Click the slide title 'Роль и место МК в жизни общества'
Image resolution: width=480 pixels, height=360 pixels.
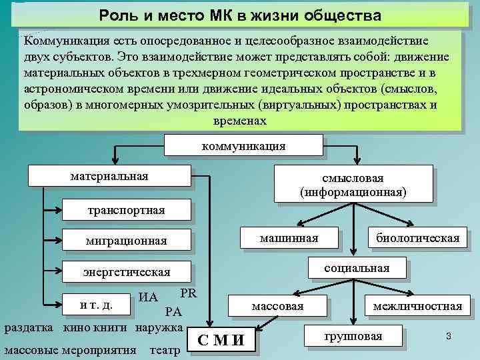point(240,15)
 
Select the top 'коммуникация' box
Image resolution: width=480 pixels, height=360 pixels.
point(243,146)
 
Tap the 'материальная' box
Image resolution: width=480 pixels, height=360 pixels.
point(109,176)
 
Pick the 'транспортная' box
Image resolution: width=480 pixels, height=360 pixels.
point(126,211)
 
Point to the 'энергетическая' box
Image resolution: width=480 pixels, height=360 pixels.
point(126,272)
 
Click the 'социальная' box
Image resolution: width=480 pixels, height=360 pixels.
point(356,268)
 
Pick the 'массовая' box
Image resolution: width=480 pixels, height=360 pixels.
point(277,306)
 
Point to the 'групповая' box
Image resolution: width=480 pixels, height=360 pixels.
point(353,336)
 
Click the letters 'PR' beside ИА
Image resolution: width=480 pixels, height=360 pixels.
point(187,294)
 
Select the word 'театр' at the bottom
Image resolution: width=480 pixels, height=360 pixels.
point(165,349)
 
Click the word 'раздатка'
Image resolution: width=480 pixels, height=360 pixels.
point(29,327)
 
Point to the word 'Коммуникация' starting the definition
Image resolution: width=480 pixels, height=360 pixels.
point(58,40)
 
